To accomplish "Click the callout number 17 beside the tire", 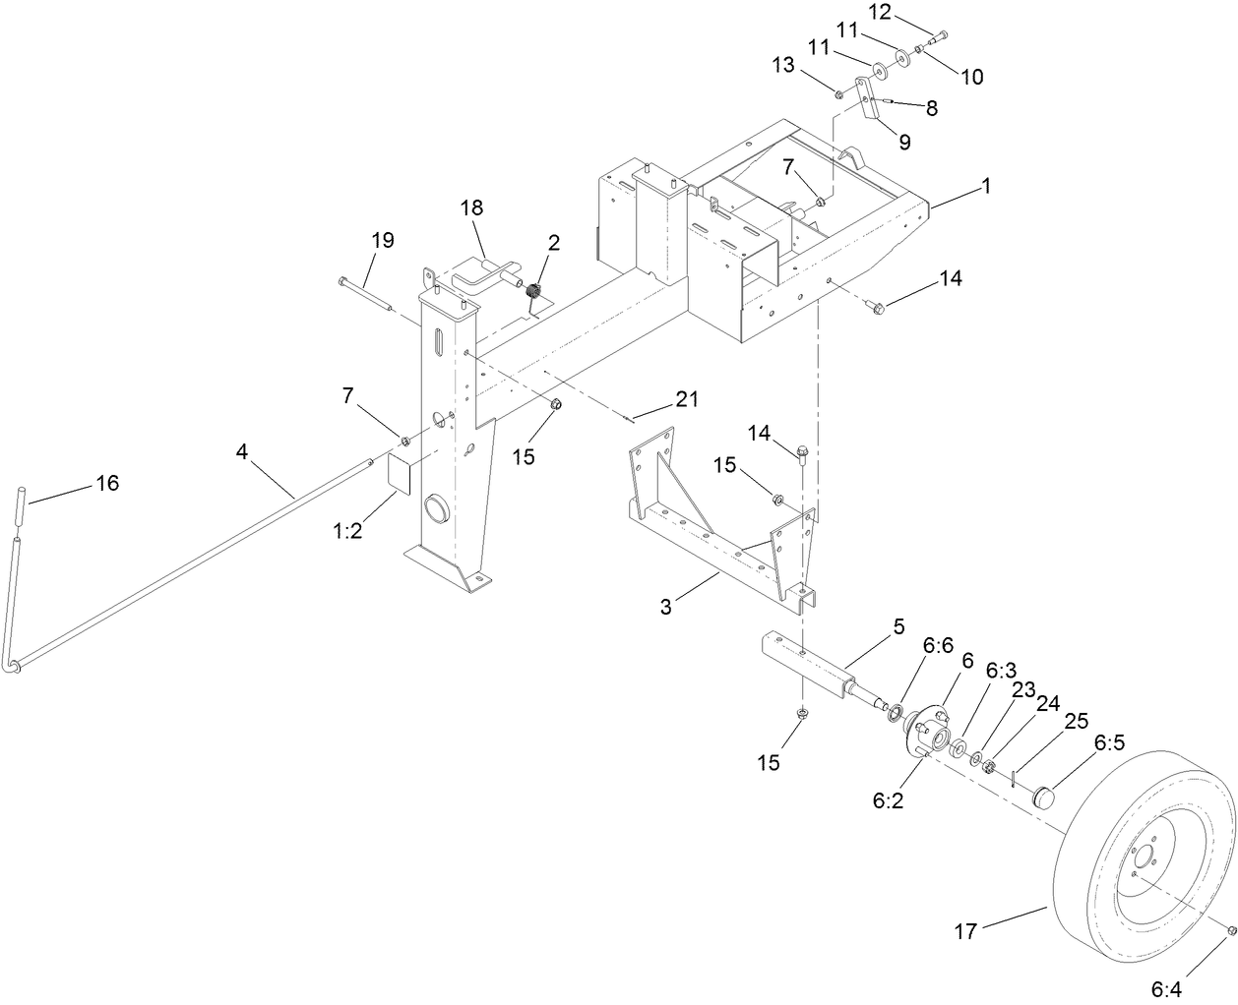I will tap(966, 930).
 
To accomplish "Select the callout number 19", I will tap(382, 240).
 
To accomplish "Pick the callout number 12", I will tap(879, 12).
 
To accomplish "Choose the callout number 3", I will tap(666, 607).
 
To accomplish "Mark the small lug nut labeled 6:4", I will tap(1230, 930).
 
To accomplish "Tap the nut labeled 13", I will tap(838, 94).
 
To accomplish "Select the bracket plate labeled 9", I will tap(869, 104).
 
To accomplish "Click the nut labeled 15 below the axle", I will tap(802, 713).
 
